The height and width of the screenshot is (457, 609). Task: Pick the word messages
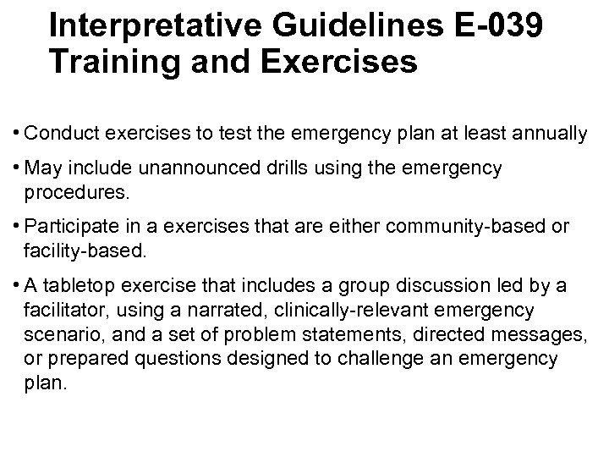pyautogui.click(x=540, y=335)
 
